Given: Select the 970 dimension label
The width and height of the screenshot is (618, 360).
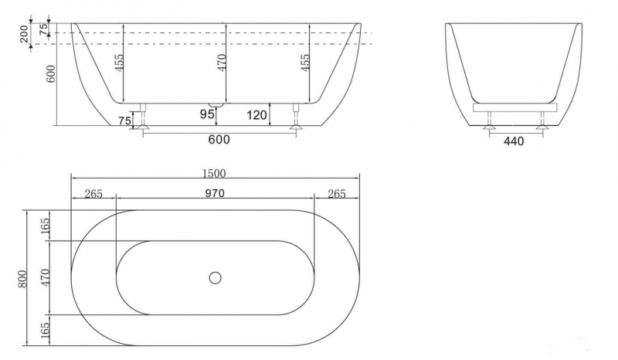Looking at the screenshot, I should [x=215, y=194].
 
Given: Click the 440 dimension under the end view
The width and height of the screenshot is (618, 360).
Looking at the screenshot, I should [x=514, y=141].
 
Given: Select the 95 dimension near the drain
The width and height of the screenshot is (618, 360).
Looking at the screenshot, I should [x=206, y=114].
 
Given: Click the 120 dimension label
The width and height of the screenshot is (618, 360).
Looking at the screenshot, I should [x=256, y=116].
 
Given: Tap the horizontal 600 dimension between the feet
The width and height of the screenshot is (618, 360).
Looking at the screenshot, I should [x=219, y=140].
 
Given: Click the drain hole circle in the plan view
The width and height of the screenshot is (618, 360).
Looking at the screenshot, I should [x=216, y=277].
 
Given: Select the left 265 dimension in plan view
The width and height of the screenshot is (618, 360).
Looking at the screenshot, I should [x=93, y=194].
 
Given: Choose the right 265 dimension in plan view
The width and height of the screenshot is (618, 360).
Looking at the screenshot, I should [x=337, y=194].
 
